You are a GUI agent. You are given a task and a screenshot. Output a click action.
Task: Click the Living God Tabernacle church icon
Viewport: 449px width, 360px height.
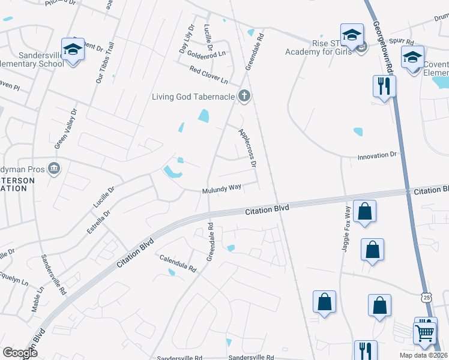pos(244,95)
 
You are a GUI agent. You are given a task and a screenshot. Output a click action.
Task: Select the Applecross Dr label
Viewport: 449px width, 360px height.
pos(247,147)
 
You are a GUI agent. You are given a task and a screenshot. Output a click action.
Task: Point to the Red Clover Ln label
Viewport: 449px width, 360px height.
pos(209,76)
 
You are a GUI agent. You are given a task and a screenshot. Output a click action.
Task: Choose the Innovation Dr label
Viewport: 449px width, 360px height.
pos(378,155)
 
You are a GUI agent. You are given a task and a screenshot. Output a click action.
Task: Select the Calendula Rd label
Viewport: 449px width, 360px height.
pos(178,263)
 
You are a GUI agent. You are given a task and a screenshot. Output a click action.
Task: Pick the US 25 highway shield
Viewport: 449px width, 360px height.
pos(426,297)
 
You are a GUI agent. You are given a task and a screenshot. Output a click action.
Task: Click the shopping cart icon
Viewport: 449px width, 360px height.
pos(425,331)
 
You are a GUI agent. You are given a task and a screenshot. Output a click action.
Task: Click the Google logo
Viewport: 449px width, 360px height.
pos(20,353)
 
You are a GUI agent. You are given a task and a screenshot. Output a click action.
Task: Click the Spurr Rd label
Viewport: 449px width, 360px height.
pos(406,42)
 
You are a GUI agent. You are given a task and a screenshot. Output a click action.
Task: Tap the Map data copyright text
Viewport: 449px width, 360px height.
pos(423,355)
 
